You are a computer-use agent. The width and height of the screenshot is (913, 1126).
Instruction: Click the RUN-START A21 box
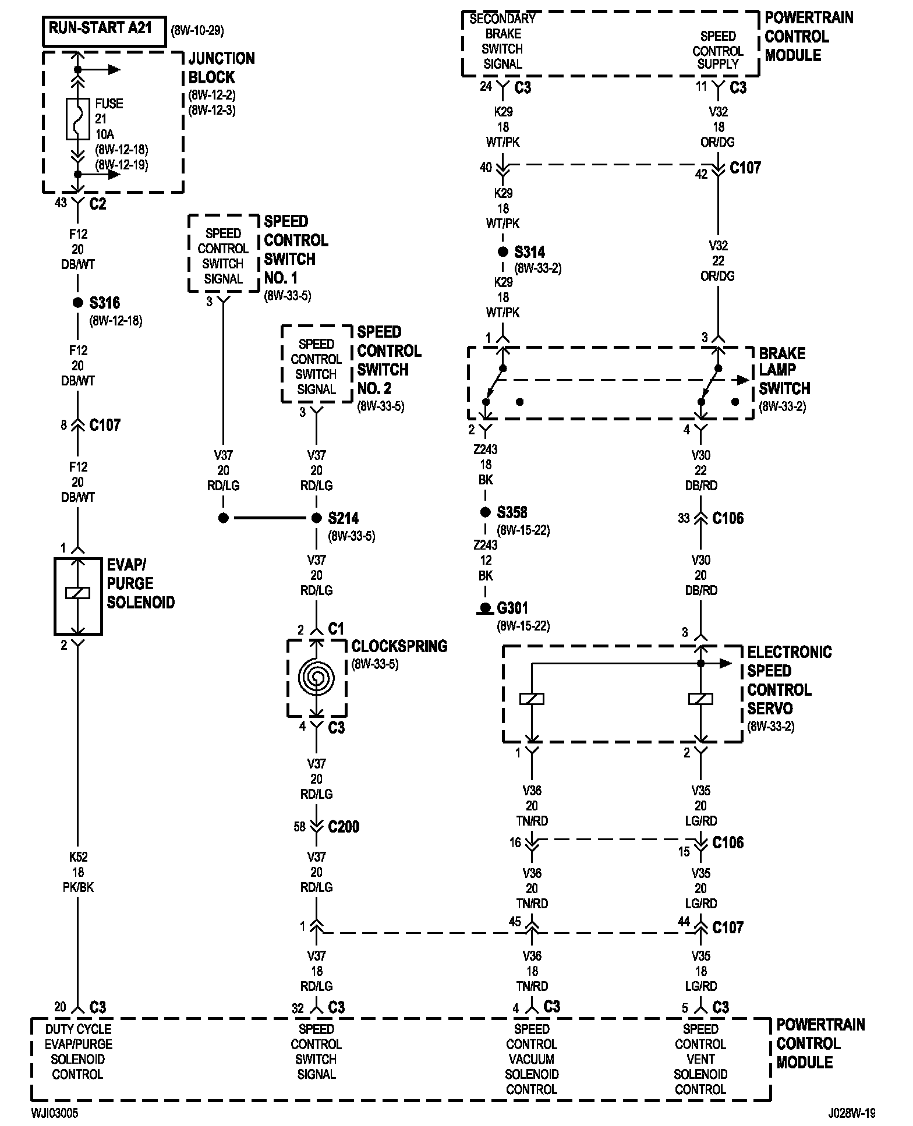[104, 31]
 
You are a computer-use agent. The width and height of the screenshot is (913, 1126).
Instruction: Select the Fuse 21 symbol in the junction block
[77, 119]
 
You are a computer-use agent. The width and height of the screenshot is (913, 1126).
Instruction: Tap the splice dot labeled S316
[77, 303]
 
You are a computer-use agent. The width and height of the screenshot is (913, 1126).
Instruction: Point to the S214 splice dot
[316, 518]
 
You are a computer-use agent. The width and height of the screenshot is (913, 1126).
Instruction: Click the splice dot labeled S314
[502, 252]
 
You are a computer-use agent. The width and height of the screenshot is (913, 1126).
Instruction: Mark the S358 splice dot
[485, 512]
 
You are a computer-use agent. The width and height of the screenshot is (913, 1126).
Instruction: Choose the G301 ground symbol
[484, 609]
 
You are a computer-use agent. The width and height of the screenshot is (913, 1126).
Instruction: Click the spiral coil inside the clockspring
[316, 677]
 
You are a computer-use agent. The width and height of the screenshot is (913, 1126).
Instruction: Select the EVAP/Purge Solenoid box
[78, 596]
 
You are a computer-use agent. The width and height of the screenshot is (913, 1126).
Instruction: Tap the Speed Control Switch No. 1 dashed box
[223, 253]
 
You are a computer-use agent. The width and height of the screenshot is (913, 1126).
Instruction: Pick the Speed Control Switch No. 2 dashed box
[316, 364]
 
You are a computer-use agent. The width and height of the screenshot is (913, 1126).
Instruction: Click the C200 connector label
[344, 827]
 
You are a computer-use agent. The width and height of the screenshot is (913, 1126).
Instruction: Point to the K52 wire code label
[77, 857]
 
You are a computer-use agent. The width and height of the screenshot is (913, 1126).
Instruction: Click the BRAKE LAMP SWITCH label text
[784, 371]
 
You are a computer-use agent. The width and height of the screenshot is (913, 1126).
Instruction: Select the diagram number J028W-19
[851, 1113]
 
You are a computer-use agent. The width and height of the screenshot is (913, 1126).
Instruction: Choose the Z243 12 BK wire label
[485, 560]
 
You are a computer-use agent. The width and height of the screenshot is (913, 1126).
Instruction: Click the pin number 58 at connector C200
[299, 827]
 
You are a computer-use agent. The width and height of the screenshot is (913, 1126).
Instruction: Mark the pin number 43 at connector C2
[61, 203]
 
